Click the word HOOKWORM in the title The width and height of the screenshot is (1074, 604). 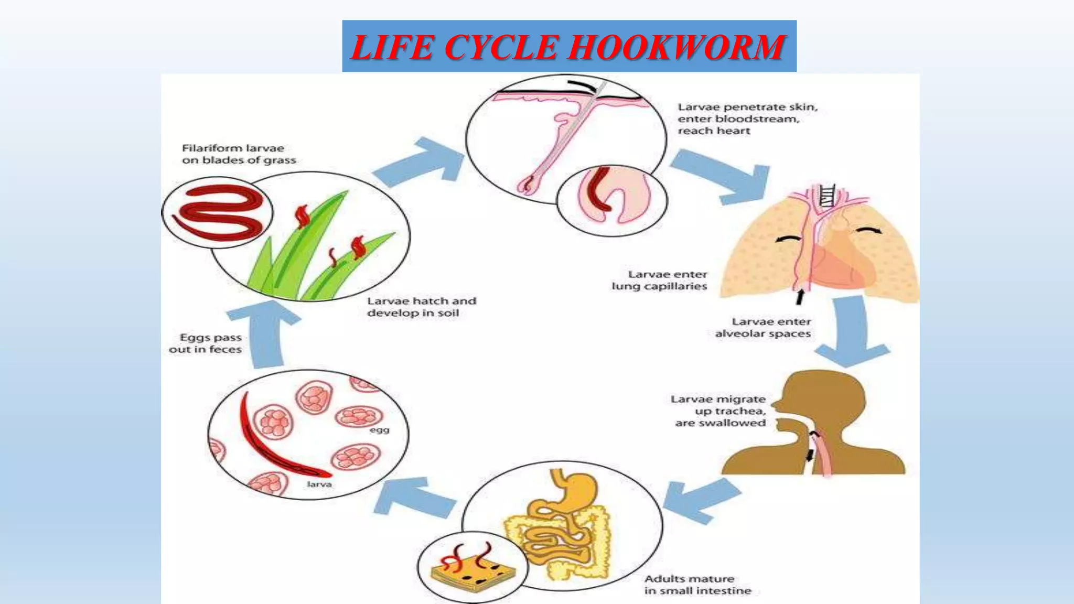pyautogui.click(x=676, y=47)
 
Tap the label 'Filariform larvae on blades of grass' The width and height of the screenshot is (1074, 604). pyautogui.click(x=239, y=154)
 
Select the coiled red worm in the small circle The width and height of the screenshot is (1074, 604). pyautogui.click(x=218, y=212)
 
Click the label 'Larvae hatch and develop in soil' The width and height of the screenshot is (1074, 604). pyautogui.click(x=421, y=307)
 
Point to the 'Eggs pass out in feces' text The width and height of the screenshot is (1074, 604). pyautogui.click(x=206, y=343)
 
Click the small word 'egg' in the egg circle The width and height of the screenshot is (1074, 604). pyautogui.click(x=379, y=430)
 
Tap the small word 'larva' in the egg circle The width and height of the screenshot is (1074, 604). pyautogui.click(x=319, y=484)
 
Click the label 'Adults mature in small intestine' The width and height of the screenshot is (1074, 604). pyautogui.click(x=697, y=585)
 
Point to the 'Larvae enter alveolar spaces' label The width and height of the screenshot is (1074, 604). pyautogui.click(x=763, y=328)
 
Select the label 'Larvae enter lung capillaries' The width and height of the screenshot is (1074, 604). pyautogui.click(x=660, y=280)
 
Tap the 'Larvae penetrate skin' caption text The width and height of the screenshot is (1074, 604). pyautogui.click(x=747, y=118)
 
